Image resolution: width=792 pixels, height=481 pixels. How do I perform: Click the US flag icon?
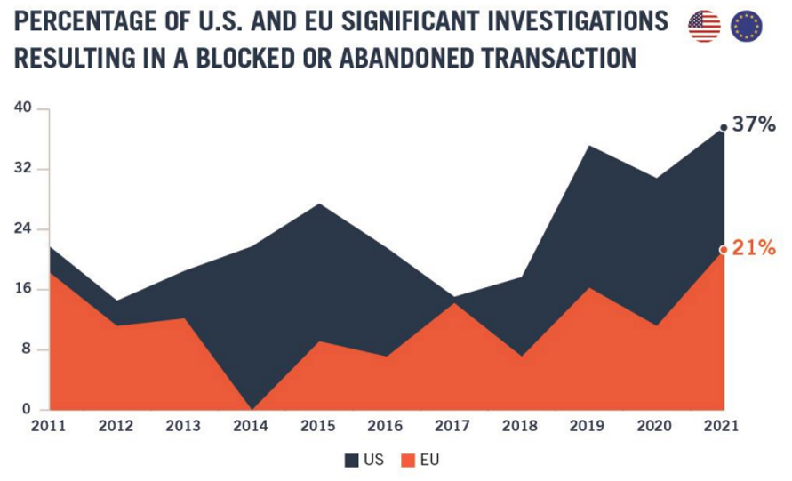coord(704,27)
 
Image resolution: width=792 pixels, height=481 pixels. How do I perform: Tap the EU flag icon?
coord(747,27)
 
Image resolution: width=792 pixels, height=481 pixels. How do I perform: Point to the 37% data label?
coord(754,125)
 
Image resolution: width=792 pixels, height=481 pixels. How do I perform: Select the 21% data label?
coord(755,247)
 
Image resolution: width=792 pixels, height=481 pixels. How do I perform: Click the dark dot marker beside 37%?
coord(724,128)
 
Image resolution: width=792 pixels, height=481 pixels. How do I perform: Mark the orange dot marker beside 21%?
coord(724,250)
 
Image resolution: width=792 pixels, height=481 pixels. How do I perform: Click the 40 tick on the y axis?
coord(22,108)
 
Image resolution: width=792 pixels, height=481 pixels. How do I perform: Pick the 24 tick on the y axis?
coord(22,228)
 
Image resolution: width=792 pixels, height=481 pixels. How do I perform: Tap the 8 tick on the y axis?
coord(27,349)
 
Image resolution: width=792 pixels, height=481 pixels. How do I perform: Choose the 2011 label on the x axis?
coord(49,426)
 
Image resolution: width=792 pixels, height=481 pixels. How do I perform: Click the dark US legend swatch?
coord(351,461)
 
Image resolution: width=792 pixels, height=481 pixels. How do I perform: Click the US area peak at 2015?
coord(319,205)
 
